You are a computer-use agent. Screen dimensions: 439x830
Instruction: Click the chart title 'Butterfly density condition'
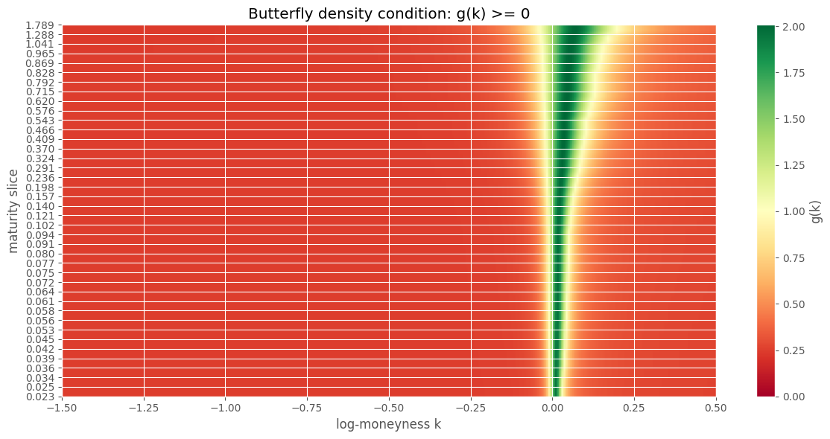pyautogui.click(x=388, y=13)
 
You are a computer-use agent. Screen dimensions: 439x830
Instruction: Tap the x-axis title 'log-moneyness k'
pyautogui.click(x=388, y=426)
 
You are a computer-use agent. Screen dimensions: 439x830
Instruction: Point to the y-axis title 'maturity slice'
pyautogui.click(x=14, y=211)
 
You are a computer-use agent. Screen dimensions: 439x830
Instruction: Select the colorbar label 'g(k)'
pyautogui.click(x=815, y=211)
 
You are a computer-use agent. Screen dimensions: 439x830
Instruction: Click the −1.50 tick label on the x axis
pyautogui.click(x=62, y=408)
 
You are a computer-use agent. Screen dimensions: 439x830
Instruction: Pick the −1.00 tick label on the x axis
pyautogui.click(x=225, y=408)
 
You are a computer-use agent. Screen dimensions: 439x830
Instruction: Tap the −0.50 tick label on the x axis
pyautogui.click(x=388, y=408)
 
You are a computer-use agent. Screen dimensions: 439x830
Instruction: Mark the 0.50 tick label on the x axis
pyautogui.click(x=716, y=408)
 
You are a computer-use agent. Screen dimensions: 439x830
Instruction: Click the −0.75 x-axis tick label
pyautogui.click(x=307, y=408)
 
